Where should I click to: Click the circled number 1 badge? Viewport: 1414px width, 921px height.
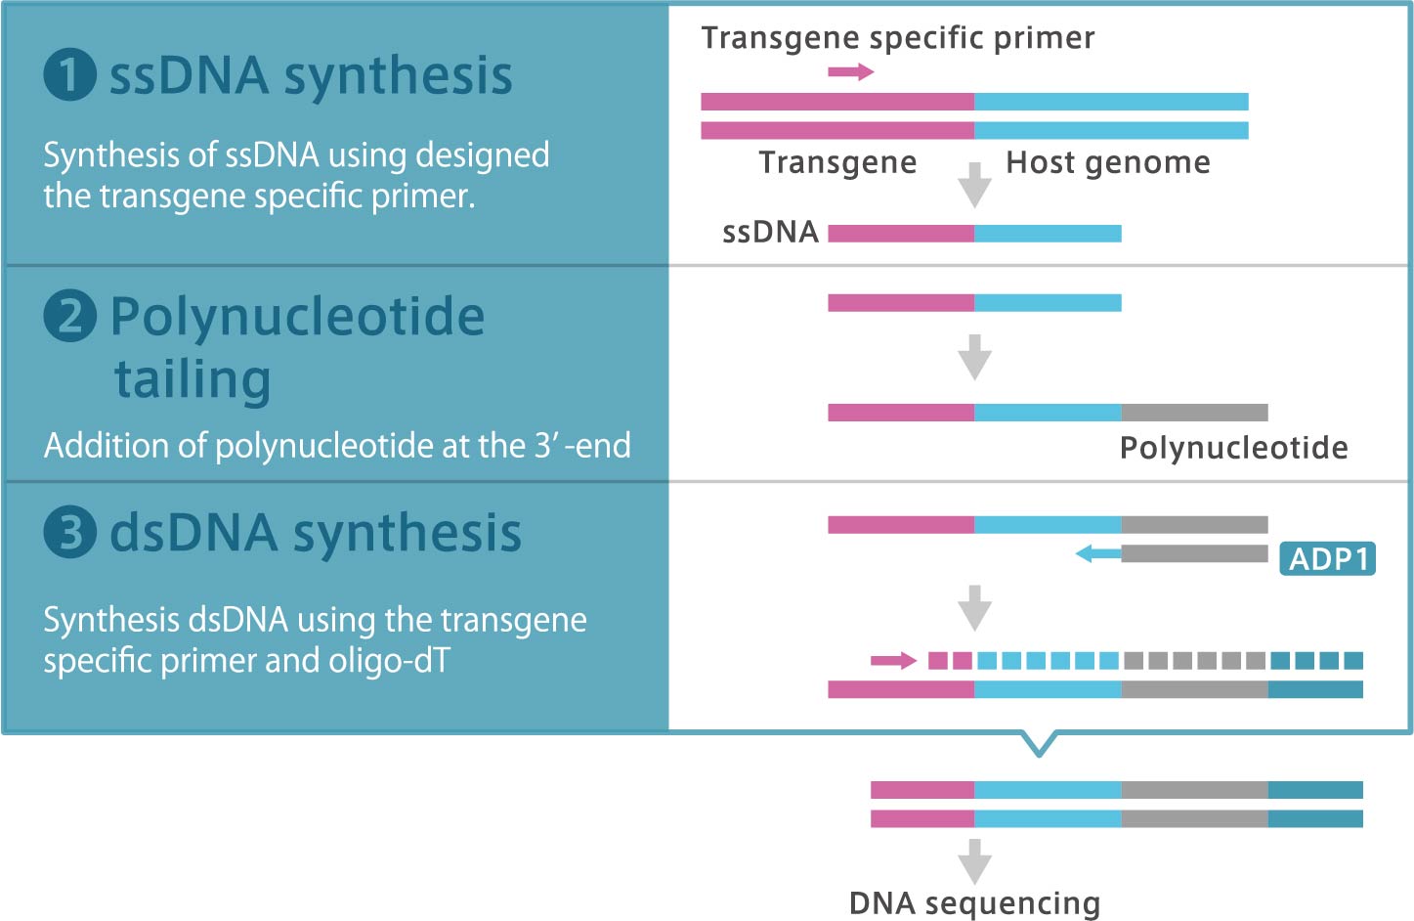click(70, 74)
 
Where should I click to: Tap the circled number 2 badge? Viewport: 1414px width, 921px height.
click(70, 315)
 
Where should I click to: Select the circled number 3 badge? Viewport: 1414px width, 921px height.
click(70, 532)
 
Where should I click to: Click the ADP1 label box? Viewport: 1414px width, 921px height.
click(1327, 559)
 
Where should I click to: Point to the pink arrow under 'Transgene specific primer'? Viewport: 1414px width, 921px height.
click(851, 71)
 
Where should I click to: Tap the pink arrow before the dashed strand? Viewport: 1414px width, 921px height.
click(893, 661)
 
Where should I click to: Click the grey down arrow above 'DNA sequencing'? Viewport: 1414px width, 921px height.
click(974, 861)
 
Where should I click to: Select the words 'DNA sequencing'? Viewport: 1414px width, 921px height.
click(974, 903)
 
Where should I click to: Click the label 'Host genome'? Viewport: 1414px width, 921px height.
click(1108, 162)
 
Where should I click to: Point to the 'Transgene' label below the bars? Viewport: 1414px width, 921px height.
click(837, 162)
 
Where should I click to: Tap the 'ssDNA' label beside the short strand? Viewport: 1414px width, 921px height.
click(770, 233)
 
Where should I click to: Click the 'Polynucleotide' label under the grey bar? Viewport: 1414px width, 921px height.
click(1233, 448)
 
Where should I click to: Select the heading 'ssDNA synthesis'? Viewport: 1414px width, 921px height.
click(311, 76)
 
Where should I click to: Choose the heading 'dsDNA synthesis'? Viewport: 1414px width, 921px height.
click(315, 533)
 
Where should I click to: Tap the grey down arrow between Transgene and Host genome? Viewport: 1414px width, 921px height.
click(974, 185)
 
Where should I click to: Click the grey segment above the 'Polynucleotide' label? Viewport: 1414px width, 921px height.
click(1194, 413)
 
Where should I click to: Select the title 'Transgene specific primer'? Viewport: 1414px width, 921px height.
click(898, 38)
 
